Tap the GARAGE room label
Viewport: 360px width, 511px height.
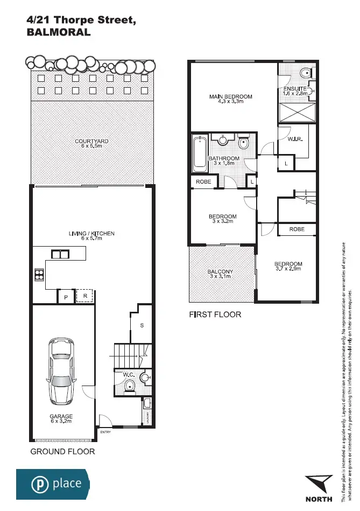point(61,416)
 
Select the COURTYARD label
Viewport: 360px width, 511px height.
point(91,141)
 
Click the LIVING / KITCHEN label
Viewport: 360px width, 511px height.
point(91,234)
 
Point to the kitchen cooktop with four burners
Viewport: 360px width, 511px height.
point(40,275)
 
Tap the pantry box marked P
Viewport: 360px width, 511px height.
point(66,297)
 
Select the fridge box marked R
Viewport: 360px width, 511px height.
point(84,296)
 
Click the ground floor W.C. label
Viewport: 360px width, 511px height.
point(129,374)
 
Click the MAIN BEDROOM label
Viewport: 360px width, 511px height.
point(230,97)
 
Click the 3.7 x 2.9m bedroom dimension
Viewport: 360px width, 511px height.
point(288,269)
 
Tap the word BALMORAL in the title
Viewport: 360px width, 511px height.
point(59,32)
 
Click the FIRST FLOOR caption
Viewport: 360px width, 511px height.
point(215,314)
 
